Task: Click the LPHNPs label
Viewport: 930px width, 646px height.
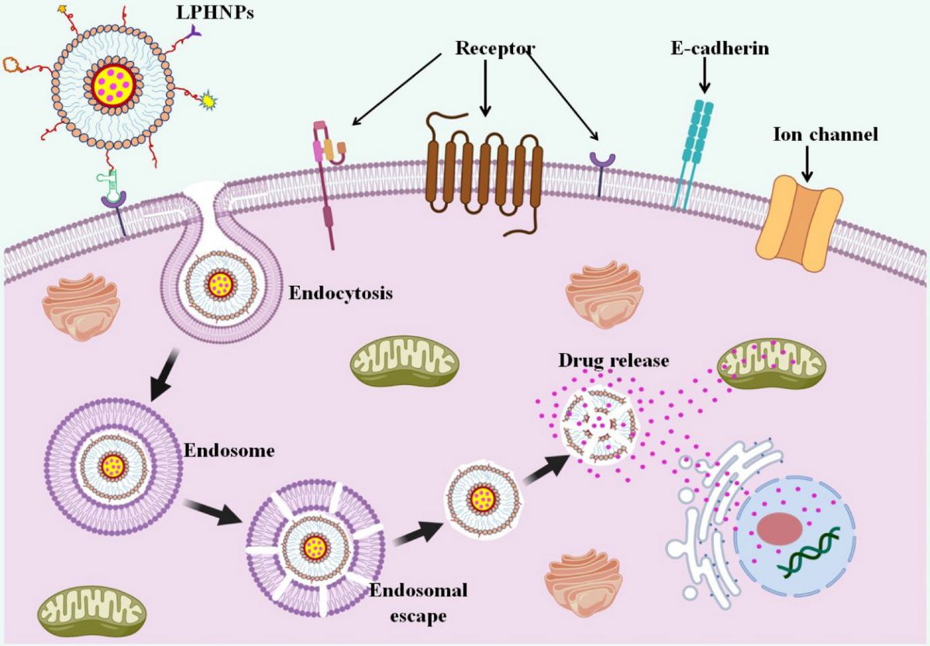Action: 215,13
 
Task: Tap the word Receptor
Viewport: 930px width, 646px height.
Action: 495,49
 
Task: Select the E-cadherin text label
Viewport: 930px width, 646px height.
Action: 720,49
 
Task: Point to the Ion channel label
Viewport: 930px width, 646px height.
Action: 825,135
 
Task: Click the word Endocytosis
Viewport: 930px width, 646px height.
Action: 341,294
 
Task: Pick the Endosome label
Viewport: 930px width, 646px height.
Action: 229,451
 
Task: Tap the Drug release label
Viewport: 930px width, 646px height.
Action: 614,360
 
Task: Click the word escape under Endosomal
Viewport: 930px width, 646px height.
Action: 418,616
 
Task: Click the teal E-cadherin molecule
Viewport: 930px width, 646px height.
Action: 694,153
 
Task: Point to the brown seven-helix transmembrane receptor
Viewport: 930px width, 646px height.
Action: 484,174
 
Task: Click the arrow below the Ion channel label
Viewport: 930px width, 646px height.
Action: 807,163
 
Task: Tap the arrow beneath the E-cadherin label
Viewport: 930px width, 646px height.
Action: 704,75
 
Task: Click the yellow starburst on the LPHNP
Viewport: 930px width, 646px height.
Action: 208,101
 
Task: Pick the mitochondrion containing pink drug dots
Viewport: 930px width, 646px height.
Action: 772,364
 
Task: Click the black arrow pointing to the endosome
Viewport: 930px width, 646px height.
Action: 165,376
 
